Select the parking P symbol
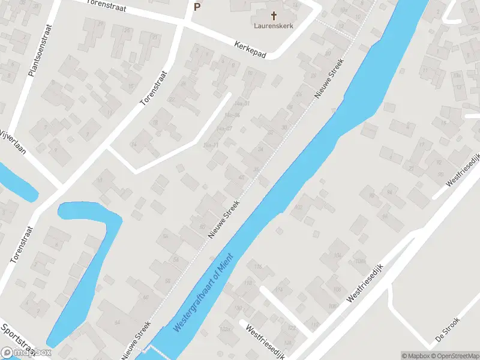(197, 7)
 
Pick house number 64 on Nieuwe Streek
(117, 323)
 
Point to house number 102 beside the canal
(298, 208)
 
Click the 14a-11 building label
(211, 145)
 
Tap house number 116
(258, 266)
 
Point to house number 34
(260, 149)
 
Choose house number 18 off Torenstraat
(154, 122)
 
